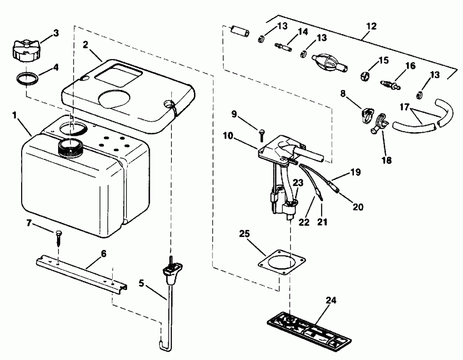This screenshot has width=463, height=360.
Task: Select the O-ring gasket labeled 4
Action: [x=27, y=79]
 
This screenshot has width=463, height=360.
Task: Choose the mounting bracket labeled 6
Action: [x=83, y=272]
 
